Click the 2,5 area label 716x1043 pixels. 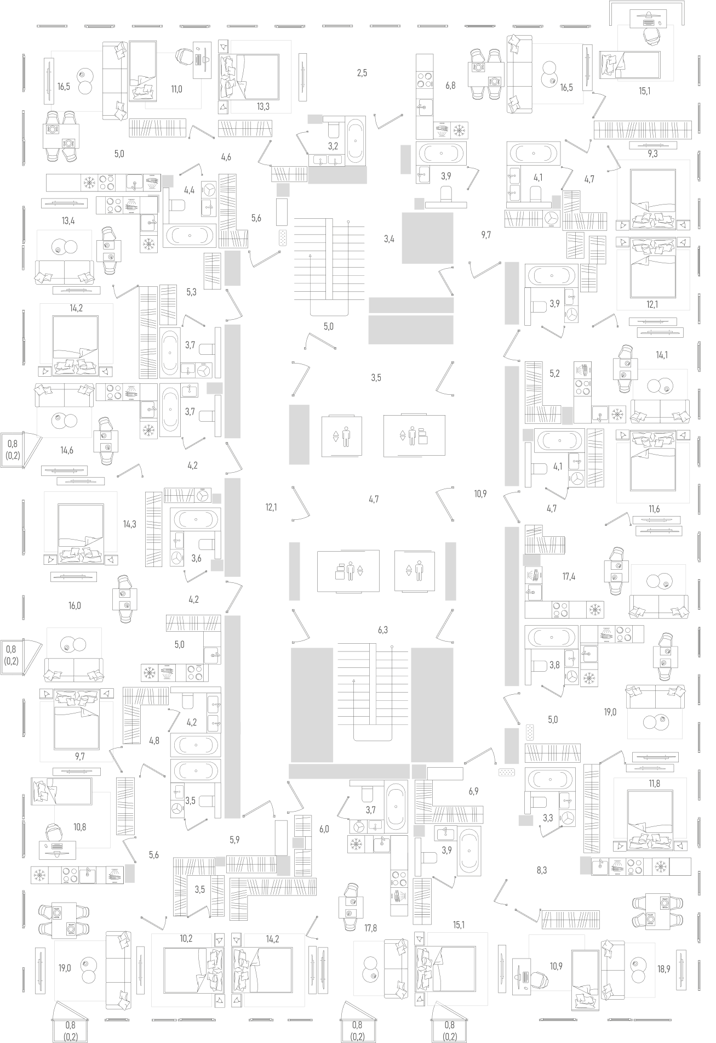362,73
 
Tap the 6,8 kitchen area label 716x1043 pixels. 450,86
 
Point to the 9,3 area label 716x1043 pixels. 652,154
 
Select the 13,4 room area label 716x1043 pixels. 68,221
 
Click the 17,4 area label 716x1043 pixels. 569,576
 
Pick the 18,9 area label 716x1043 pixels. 663,969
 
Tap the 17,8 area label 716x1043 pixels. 371,928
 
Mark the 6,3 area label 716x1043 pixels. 382,631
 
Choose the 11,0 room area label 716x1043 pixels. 176,89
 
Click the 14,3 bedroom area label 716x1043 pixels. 129,524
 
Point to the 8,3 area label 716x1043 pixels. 541,870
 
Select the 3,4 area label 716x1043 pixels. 388,239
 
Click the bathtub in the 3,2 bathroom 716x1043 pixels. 356,140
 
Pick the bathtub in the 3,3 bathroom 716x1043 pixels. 549,779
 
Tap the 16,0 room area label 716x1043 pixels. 75,606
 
